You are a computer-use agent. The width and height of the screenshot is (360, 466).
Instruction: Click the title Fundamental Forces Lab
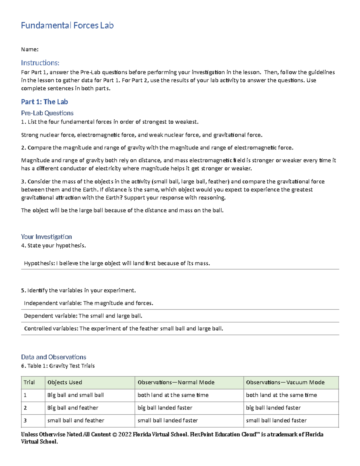tap(67, 26)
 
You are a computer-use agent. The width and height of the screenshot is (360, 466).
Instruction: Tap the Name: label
tap(30, 50)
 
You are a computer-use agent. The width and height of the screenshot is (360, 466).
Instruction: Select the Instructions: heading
tap(40, 63)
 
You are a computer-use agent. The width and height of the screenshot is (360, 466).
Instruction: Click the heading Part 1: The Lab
tap(44, 102)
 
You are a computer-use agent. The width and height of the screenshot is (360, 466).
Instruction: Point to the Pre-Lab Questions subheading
tap(47, 113)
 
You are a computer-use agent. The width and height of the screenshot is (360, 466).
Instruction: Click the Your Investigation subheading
tap(46, 237)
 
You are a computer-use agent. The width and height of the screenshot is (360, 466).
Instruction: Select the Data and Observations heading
tap(53, 357)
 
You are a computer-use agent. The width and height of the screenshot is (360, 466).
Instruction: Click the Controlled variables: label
tap(51, 329)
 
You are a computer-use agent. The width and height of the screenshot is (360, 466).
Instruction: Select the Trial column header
tap(29, 383)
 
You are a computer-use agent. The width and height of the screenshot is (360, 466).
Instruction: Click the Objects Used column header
tap(64, 383)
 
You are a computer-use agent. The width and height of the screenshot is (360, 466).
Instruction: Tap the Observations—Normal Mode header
tap(176, 383)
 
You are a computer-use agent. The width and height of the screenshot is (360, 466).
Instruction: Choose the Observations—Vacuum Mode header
tap(285, 383)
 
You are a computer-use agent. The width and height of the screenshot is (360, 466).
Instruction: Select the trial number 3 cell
tap(25, 421)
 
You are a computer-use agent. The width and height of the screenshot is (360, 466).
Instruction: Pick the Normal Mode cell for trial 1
tap(173, 395)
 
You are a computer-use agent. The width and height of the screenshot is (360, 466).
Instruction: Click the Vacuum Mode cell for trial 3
tap(276, 421)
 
